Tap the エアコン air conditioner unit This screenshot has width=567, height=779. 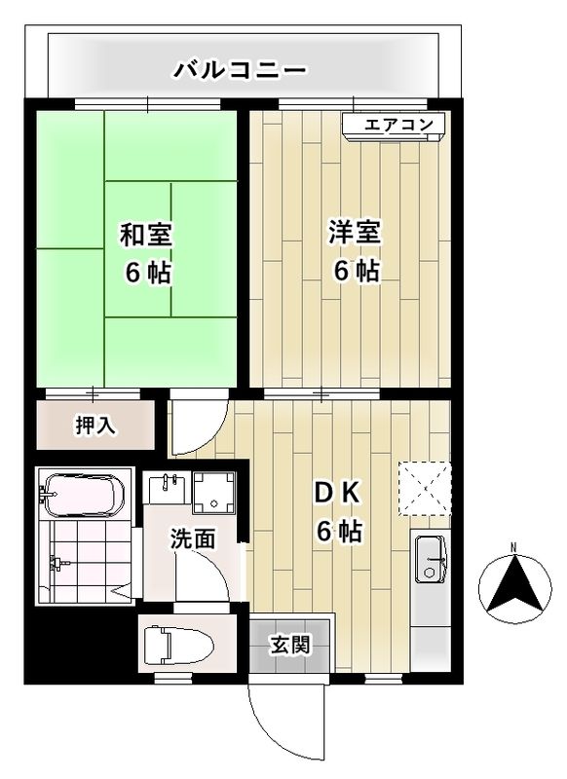coord(394,126)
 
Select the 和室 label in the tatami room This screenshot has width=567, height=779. coord(146,235)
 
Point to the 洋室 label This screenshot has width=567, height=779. coord(355,235)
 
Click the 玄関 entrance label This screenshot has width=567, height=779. coord(290,644)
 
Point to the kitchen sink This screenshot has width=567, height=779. coord(429,559)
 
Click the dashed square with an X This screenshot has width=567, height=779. coord(425,487)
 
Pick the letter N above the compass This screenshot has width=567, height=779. coord(514,547)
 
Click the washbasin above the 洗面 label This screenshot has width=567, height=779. coord(165,490)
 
